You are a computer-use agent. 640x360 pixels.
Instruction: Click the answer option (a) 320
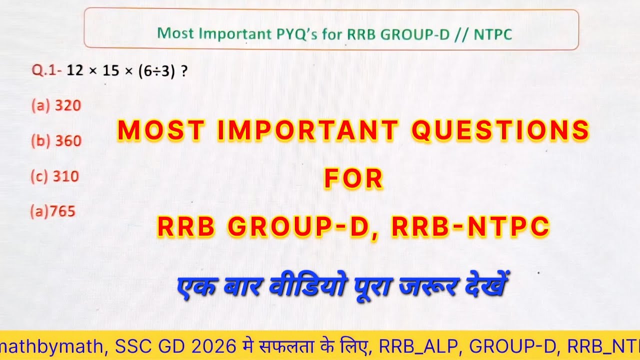pos(56,106)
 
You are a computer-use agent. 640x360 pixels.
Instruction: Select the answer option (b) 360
pos(56,141)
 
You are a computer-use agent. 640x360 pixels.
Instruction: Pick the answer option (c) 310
pos(55,176)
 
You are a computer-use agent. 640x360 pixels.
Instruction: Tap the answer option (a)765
pos(52,212)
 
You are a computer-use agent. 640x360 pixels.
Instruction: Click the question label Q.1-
pos(47,71)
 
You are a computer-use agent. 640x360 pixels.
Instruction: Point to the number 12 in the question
pos(74,71)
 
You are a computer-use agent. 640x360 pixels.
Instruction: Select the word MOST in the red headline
pos(160,130)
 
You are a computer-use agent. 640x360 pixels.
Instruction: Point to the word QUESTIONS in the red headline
pos(500,130)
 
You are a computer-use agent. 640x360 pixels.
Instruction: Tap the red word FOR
pos(353,179)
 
